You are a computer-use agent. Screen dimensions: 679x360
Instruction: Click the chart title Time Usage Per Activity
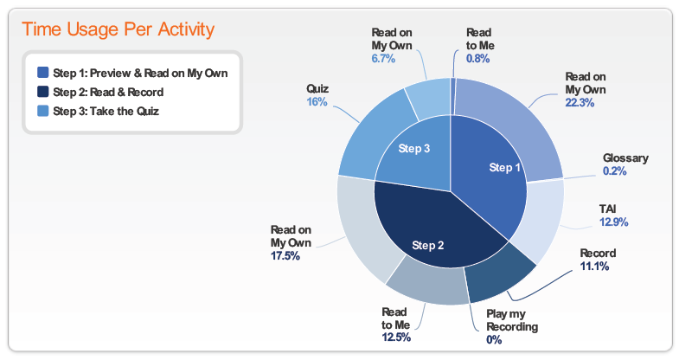pos(119,29)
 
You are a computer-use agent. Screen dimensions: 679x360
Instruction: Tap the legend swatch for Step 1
pos(43,73)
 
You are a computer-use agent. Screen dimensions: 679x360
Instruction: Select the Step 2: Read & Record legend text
pos(108,92)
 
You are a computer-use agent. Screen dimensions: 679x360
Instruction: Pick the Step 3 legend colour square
pos(43,111)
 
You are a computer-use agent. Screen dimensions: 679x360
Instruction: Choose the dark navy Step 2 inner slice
pos(433,229)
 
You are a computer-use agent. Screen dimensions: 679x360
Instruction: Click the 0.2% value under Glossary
pos(614,171)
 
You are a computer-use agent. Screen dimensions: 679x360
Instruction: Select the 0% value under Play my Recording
pos(494,339)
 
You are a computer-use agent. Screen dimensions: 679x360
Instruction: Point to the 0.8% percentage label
pos(477,59)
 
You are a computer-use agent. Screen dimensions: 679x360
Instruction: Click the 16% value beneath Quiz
pos(317,102)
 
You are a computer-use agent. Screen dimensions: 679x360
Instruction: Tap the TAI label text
pos(607,209)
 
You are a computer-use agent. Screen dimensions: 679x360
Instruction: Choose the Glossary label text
pos(625,158)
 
